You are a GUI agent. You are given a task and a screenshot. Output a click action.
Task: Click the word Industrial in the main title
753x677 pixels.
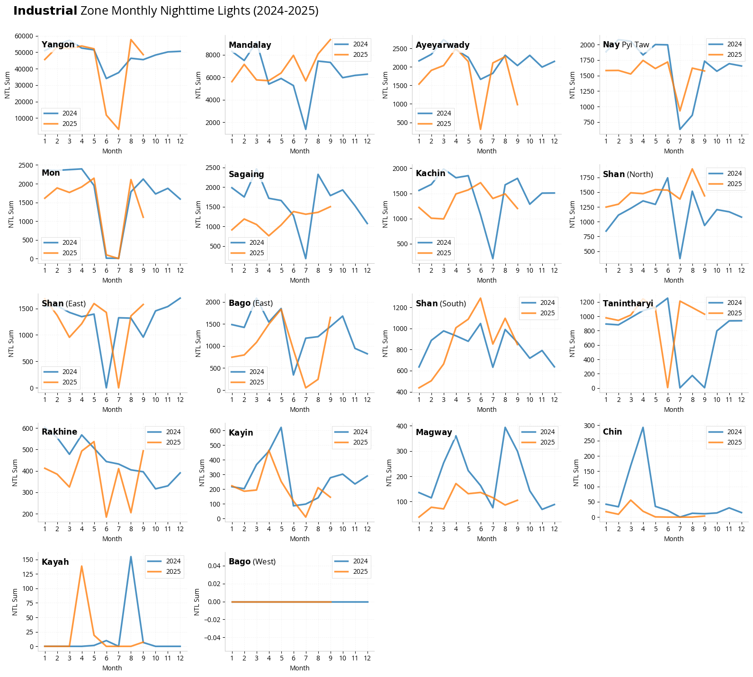[45, 11]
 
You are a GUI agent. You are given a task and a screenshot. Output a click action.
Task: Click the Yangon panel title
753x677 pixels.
[58, 45]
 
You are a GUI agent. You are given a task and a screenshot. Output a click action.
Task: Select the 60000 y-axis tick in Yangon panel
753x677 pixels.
[24, 36]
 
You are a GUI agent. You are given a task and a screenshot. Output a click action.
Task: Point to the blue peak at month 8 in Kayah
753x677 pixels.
[131, 557]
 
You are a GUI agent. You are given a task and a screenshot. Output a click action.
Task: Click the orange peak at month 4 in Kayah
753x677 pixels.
[81, 566]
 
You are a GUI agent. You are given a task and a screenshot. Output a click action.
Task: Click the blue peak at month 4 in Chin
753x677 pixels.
[643, 428]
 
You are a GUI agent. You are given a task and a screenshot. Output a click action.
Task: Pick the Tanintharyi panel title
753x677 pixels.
[627, 303]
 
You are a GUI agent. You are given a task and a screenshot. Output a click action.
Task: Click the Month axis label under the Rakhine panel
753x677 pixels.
[112, 539]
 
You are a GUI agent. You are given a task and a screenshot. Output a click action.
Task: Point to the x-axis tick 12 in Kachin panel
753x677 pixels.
[554, 270]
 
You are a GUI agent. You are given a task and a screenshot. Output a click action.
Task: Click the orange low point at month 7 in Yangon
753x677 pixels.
[118, 129]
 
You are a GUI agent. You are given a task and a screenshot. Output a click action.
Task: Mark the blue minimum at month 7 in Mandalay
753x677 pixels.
[305, 129]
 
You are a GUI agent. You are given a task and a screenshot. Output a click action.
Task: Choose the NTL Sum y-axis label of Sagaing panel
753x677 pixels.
[198, 214]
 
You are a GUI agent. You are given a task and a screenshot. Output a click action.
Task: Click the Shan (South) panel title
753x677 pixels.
[440, 303]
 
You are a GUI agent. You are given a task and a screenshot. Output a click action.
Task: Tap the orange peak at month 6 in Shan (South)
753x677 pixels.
[480, 298]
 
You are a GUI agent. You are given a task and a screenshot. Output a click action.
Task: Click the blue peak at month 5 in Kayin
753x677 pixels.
[281, 428]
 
